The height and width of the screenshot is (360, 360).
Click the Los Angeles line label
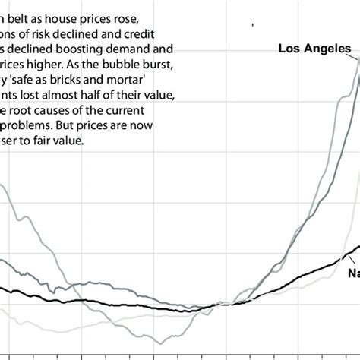pos(314,49)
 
